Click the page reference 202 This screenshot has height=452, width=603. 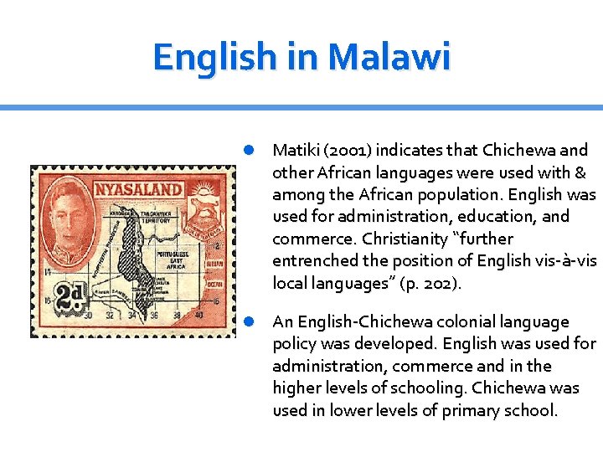click(441, 284)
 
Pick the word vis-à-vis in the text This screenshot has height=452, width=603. click(565, 260)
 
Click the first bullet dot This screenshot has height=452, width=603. click(249, 151)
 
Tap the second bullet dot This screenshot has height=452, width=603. click(249, 322)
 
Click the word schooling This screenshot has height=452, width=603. click(435, 388)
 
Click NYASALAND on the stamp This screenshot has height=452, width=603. click(138, 189)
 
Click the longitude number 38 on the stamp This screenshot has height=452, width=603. click(176, 316)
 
